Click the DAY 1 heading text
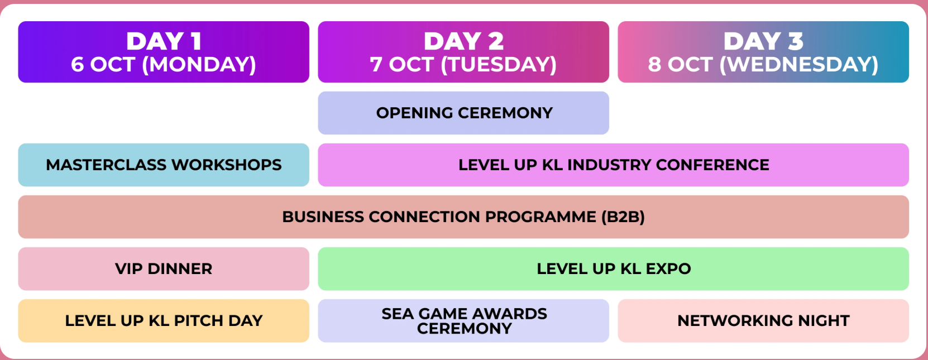pos(164,41)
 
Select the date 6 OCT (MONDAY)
pos(164,65)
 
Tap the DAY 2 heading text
pos(463,41)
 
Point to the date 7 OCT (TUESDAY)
pos(463,65)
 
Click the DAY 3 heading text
pos(763,41)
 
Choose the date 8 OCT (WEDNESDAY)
pos(763,65)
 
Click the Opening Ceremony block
pos(463,113)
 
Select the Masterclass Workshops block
pos(164,165)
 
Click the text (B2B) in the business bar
pos(623,217)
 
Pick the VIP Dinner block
pos(164,269)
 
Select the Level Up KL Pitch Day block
pos(164,320)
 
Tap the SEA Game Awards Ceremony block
pos(463,320)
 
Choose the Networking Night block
pos(763,320)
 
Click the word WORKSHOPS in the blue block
pos(227,165)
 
